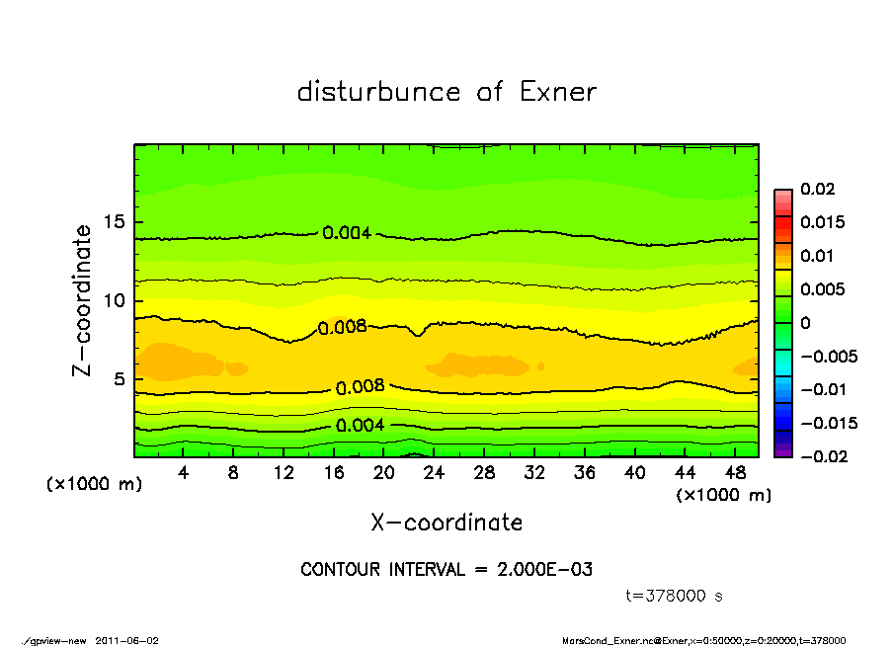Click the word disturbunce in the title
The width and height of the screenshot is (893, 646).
point(379,92)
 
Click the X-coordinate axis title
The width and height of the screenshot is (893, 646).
point(446,522)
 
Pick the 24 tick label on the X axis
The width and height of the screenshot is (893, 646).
point(435,473)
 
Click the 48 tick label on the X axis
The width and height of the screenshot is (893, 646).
point(735,473)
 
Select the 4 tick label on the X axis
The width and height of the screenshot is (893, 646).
point(184,473)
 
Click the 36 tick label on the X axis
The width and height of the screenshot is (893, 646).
point(585,473)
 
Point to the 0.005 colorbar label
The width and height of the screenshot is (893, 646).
point(822,289)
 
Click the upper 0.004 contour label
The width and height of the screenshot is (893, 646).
point(346,233)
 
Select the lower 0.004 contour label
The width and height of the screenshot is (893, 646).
point(360,426)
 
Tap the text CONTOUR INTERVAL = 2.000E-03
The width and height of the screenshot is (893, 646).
point(446,570)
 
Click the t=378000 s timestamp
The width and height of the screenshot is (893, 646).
point(675,596)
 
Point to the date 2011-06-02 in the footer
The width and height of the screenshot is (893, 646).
point(127,640)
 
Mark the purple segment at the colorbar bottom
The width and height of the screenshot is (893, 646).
point(783,451)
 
